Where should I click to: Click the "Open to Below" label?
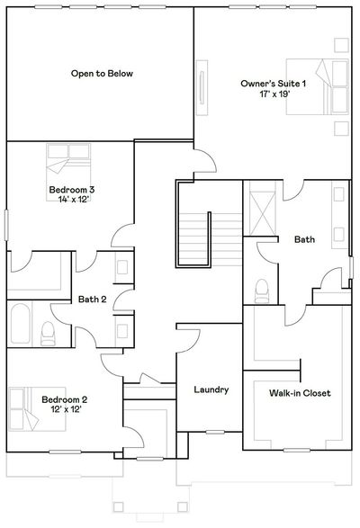(x=102, y=74)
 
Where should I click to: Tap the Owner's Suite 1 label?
(x=273, y=83)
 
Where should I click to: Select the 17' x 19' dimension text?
(x=274, y=94)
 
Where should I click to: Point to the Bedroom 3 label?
(x=72, y=189)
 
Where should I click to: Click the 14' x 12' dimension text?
(x=73, y=200)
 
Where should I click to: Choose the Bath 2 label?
(x=92, y=299)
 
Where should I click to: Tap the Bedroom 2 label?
(x=65, y=399)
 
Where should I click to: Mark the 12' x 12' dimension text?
(x=67, y=409)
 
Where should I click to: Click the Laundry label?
(x=211, y=389)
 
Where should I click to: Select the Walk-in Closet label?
(x=300, y=393)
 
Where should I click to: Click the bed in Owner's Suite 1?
(x=317, y=87)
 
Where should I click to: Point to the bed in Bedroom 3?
(x=68, y=173)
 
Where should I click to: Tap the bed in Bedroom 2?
(x=37, y=409)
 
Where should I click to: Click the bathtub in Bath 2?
(x=20, y=323)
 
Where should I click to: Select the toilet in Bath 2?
(x=48, y=333)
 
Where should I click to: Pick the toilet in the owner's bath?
(x=261, y=291)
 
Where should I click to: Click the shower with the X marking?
(x=262, y=213)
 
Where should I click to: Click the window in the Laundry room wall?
(x=215, y=432)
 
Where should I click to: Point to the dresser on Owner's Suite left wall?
(x=202, y=87)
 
